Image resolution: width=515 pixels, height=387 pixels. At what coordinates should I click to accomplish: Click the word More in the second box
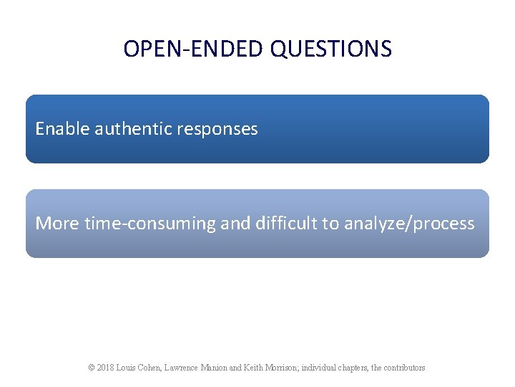57,224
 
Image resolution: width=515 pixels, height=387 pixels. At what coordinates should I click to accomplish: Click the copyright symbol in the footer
92,368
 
